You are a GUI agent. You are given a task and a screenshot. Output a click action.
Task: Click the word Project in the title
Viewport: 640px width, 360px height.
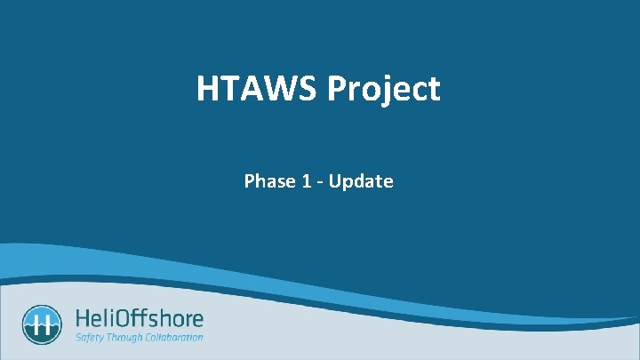tap(383, 90)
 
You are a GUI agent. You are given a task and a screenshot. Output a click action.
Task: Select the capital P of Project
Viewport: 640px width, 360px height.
tap(338, 89)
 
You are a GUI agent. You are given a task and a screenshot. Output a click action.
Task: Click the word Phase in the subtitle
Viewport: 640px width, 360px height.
tap(270, 181)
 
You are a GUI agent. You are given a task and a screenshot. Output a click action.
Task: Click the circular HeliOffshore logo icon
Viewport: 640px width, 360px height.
tap(42, 324)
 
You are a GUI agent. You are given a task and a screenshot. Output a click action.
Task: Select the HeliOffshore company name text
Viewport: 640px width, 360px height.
tap(140, 318)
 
